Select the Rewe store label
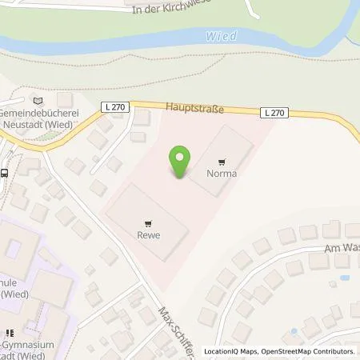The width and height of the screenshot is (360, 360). pos(145,236)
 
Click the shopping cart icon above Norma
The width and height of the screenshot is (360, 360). pos(222,161)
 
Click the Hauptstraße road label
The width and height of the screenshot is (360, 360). pos(195,106)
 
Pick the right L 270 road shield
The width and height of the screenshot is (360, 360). pos(274,113)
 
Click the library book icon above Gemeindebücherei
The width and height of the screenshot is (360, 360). pos(37,100)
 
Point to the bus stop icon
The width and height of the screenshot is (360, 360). pos(6,172)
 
